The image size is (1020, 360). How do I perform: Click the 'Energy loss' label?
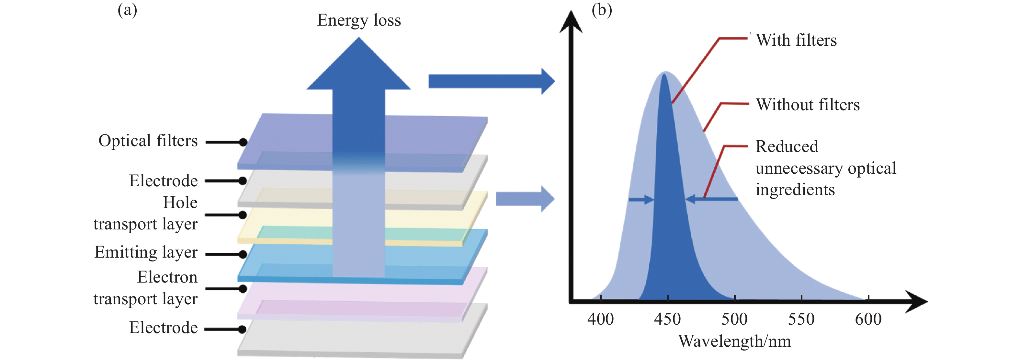pos(359,20)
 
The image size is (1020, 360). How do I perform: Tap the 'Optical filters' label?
pos(148,141)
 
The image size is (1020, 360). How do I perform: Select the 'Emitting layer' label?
pos(146,252)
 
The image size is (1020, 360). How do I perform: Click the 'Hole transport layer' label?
pos(146,214)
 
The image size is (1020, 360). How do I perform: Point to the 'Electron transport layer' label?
pos(146,288)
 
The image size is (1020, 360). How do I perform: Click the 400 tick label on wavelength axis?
pos(600,319)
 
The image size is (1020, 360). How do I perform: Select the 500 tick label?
pos(734,319)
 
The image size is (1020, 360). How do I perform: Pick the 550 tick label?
pos(801,319)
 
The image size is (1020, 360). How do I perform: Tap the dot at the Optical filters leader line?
pos(243,142)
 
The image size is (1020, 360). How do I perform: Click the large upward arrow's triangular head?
pos(359,67)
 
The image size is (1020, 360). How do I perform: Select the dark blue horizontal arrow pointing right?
pos(491,81)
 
